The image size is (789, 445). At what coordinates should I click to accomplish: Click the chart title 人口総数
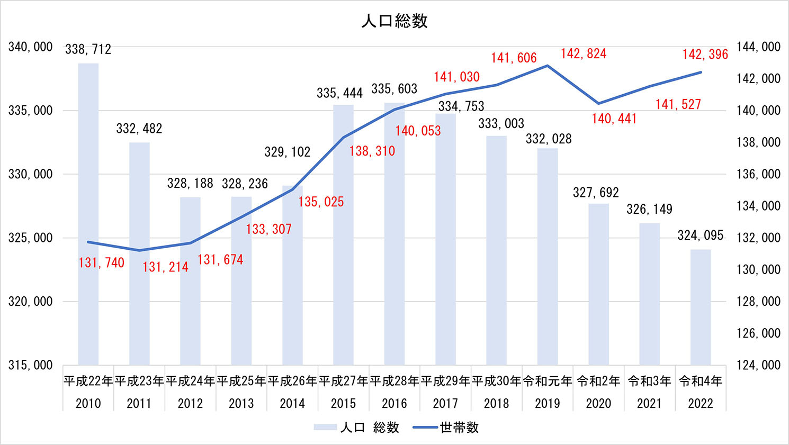tap(394, 21)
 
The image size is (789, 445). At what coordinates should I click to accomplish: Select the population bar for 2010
tap(88, 212)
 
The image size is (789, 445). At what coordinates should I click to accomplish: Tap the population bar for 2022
tap(700, 307)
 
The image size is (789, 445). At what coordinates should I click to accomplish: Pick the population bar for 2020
tap(598, 286)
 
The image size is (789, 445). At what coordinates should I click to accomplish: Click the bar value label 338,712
tap(88, 50)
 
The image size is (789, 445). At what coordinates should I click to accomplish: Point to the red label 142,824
tap(584, 54)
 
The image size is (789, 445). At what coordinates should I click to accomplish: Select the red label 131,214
tap(165, 267)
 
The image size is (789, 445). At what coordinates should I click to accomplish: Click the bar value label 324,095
tap(700, 235)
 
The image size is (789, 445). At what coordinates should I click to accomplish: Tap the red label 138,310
tap(372, 151)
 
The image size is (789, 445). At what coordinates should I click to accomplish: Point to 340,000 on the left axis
tap(31, 47)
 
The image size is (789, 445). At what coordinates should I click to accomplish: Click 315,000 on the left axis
tap(31, 365)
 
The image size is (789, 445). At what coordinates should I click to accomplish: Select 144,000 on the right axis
tap(758, 47)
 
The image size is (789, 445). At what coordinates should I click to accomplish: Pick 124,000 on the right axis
tap(758, 365)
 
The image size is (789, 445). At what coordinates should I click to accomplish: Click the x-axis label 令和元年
tap(548, 381)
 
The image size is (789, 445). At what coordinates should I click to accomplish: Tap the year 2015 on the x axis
tap(343, 404)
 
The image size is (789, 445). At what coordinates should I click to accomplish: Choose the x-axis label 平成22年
tap(88, 381)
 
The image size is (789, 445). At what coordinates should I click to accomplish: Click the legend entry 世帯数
tap(459, 428)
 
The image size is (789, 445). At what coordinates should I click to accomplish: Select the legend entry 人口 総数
tap(370, 428)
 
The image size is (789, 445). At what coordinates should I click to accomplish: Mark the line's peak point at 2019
tap(548, 66)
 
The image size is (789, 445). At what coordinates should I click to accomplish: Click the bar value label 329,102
tap(287, 152)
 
